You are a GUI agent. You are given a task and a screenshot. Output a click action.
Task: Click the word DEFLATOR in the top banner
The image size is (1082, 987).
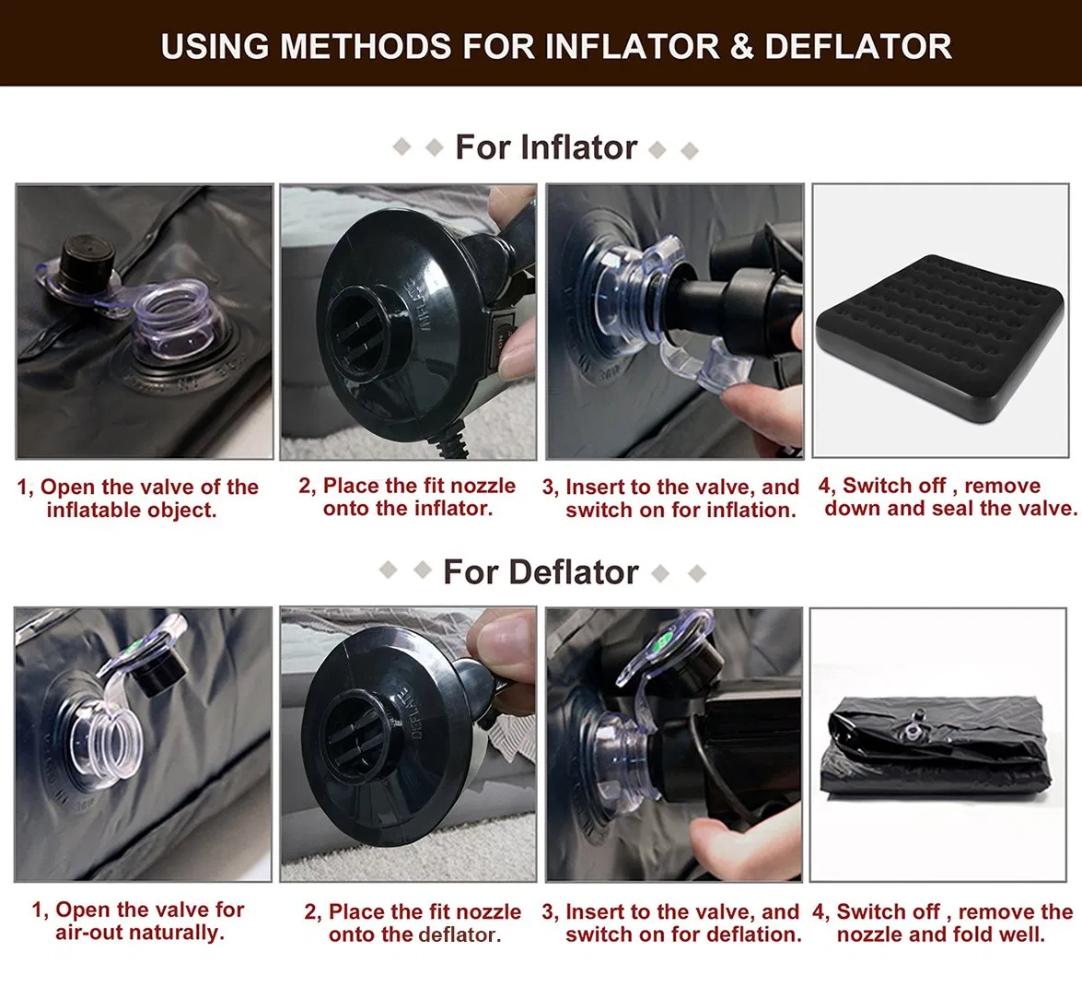[857, 46]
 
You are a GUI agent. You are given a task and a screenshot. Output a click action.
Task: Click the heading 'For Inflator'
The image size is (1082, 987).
[546, 147]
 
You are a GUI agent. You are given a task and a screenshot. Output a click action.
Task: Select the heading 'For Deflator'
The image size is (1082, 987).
[541, 572]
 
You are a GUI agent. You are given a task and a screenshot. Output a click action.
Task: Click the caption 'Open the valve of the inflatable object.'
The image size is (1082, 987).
[137, 498]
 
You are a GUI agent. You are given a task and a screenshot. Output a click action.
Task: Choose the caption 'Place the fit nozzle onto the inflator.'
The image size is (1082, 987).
[407, 497]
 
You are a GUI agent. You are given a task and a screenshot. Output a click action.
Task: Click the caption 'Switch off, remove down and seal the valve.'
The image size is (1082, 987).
[947, 497]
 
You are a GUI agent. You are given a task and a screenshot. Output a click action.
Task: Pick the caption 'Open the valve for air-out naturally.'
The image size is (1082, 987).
[138, 921]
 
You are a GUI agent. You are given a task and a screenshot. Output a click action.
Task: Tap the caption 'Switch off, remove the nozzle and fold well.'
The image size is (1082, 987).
[943, 922]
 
